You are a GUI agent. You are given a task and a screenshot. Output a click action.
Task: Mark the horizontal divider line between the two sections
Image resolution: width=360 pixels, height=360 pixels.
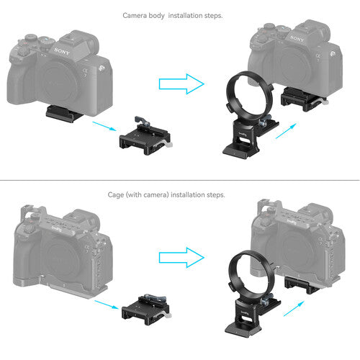point(180,181)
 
